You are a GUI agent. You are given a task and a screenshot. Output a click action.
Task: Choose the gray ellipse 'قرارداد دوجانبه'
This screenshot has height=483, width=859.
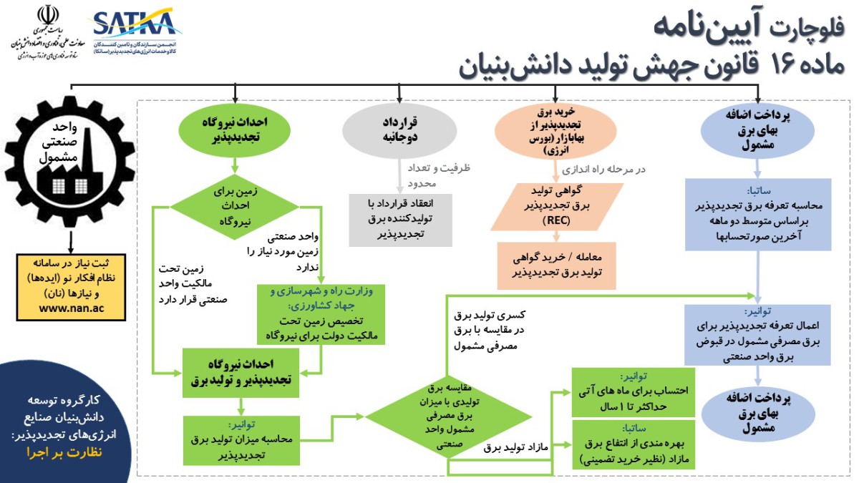tap(399, 129)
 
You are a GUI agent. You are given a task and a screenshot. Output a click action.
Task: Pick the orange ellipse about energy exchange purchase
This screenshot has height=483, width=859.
tap(555, 132)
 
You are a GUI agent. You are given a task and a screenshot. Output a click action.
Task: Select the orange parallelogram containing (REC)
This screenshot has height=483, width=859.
tap(555, 206)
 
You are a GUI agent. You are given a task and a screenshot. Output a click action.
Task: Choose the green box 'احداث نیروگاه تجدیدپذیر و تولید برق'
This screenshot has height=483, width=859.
tap(240, 369)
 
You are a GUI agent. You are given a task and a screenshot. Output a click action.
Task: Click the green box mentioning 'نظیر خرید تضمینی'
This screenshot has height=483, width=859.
tap(634, 445)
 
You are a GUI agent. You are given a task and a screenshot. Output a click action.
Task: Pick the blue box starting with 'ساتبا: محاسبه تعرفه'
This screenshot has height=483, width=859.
tap(757, 213)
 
